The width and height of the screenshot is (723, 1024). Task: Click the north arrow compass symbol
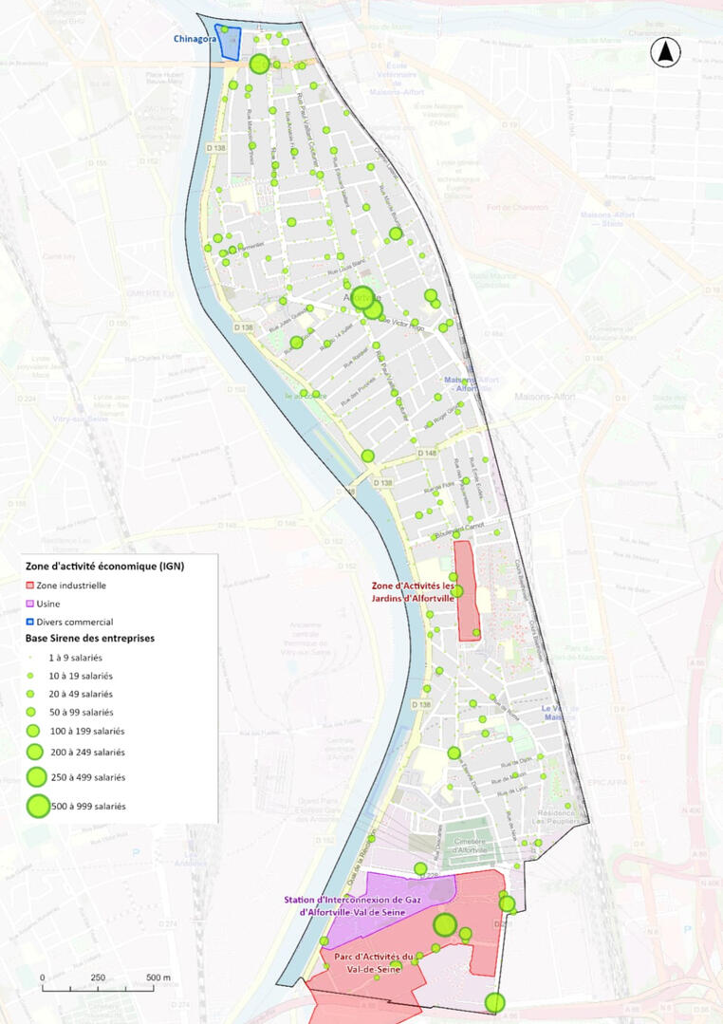[x=666, y=54]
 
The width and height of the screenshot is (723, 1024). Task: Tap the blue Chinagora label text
[x=193, y=40]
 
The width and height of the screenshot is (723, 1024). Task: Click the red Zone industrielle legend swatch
[x=30, y=586]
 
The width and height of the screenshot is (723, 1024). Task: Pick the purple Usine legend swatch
[x=30, y=604]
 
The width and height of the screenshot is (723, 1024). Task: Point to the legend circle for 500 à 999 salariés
[x=38, y=806]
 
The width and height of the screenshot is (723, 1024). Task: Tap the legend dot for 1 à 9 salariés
[x=30, y=657]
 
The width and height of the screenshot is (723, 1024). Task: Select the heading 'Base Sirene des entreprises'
[x=89, y=639]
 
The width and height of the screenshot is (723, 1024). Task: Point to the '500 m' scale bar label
[x=158, y=977]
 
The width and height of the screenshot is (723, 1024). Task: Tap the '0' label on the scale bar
[x=43, y=977]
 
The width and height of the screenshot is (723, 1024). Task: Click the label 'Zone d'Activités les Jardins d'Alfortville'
[x=415, y=591]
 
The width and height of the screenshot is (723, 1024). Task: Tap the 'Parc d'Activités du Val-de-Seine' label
[x=370, y=961]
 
